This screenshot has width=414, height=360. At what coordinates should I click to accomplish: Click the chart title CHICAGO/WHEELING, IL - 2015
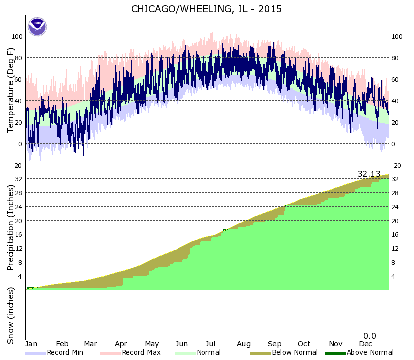click(207, 9)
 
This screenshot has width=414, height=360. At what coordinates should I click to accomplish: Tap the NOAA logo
click(37, 27)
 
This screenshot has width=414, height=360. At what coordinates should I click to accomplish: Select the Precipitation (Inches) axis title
click(11, 227)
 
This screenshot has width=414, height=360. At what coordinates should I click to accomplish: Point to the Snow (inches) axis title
click(11, 315)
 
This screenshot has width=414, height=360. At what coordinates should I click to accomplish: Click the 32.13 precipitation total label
click(369, 174)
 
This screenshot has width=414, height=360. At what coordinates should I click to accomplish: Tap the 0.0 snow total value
click(370, 336)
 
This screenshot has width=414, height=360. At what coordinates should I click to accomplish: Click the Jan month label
click(32, 344)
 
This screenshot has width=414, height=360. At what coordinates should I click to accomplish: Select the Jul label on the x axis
click(212, 344)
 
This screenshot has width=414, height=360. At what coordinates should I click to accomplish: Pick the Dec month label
click(366, 344)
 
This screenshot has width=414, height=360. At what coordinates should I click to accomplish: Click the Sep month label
click(274, 344)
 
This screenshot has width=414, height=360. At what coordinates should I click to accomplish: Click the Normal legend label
click(209, 353)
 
